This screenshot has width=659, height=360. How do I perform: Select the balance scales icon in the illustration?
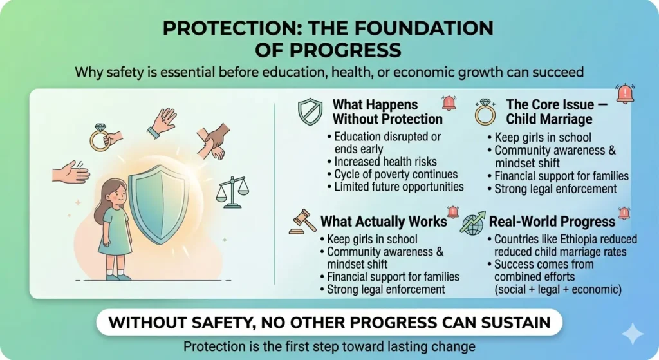click(x=232, y=192)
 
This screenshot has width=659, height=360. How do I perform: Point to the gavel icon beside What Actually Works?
click(x=303, y=222)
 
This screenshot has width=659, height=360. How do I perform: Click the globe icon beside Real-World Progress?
click(x=472, y=223)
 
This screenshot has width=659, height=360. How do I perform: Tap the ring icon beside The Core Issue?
click(x=485, y=112)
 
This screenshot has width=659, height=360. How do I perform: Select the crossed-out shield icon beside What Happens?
click(x=310, y=111)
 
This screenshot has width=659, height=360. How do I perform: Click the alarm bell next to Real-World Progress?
click(x=624, y=213)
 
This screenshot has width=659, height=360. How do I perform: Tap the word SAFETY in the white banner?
click(x=223, y=323)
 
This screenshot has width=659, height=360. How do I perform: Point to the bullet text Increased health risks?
click(x=385, y=162)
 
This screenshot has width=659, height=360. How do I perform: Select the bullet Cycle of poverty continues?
click(x=396, y=175)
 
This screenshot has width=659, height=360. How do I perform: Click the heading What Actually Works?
click(x=384, y=222)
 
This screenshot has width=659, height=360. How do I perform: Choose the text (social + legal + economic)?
click(x=558, y=289)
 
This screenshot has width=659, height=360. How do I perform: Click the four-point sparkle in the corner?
click(x=633, y=334)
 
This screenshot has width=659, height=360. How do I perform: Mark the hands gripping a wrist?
click(x=214, y=141)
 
